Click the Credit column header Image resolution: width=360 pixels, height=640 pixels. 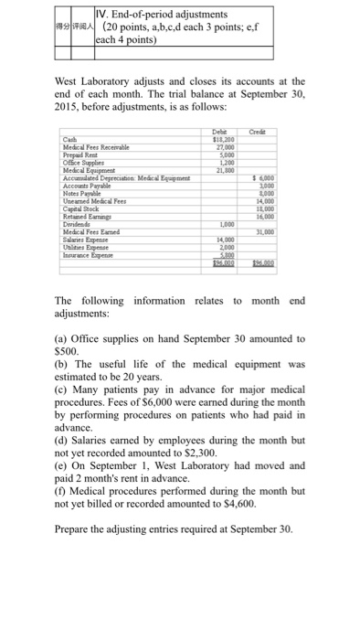pos(269,132)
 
